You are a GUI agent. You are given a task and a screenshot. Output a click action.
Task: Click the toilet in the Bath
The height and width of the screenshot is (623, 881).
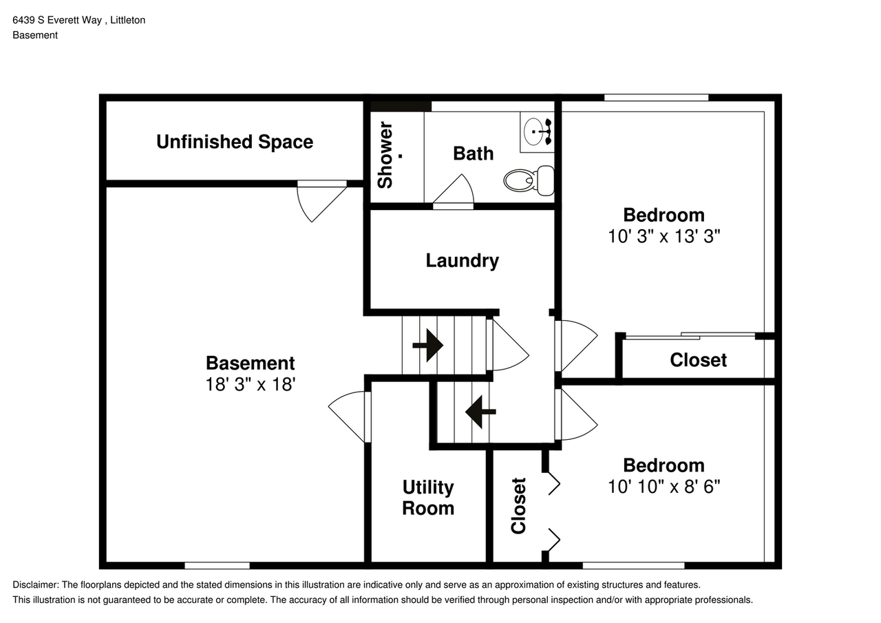(529, 180)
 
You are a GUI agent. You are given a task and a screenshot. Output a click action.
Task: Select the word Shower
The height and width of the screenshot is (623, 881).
(385, 155)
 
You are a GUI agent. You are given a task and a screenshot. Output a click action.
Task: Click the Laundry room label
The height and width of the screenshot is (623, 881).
(462, 260)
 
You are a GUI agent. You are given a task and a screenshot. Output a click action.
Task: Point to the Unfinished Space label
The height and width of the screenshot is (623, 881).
(235, 142)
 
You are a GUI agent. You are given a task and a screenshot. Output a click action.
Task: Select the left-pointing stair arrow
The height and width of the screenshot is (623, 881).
(480, 412)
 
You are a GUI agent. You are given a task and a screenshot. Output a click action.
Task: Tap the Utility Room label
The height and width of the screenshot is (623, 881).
(428, 498)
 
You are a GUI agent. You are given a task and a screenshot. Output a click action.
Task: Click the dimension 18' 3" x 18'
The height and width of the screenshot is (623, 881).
(251, 384)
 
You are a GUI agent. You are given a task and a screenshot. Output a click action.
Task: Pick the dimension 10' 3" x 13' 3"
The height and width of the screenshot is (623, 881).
(664, 236)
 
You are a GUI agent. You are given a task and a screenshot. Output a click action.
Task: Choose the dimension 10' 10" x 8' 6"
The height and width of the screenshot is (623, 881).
(664, 487)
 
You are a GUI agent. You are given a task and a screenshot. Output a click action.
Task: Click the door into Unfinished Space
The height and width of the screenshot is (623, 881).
(320, 200)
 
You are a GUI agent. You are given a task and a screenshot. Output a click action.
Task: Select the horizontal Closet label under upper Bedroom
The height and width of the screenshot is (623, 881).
(698, 360)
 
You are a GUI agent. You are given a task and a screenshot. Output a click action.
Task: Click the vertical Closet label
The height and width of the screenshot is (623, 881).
(518, 505)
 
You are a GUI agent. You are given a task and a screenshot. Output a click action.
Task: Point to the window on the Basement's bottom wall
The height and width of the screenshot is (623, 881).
(217, 566)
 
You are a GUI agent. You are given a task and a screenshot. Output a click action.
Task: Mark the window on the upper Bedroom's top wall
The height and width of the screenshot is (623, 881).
(656, 98)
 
